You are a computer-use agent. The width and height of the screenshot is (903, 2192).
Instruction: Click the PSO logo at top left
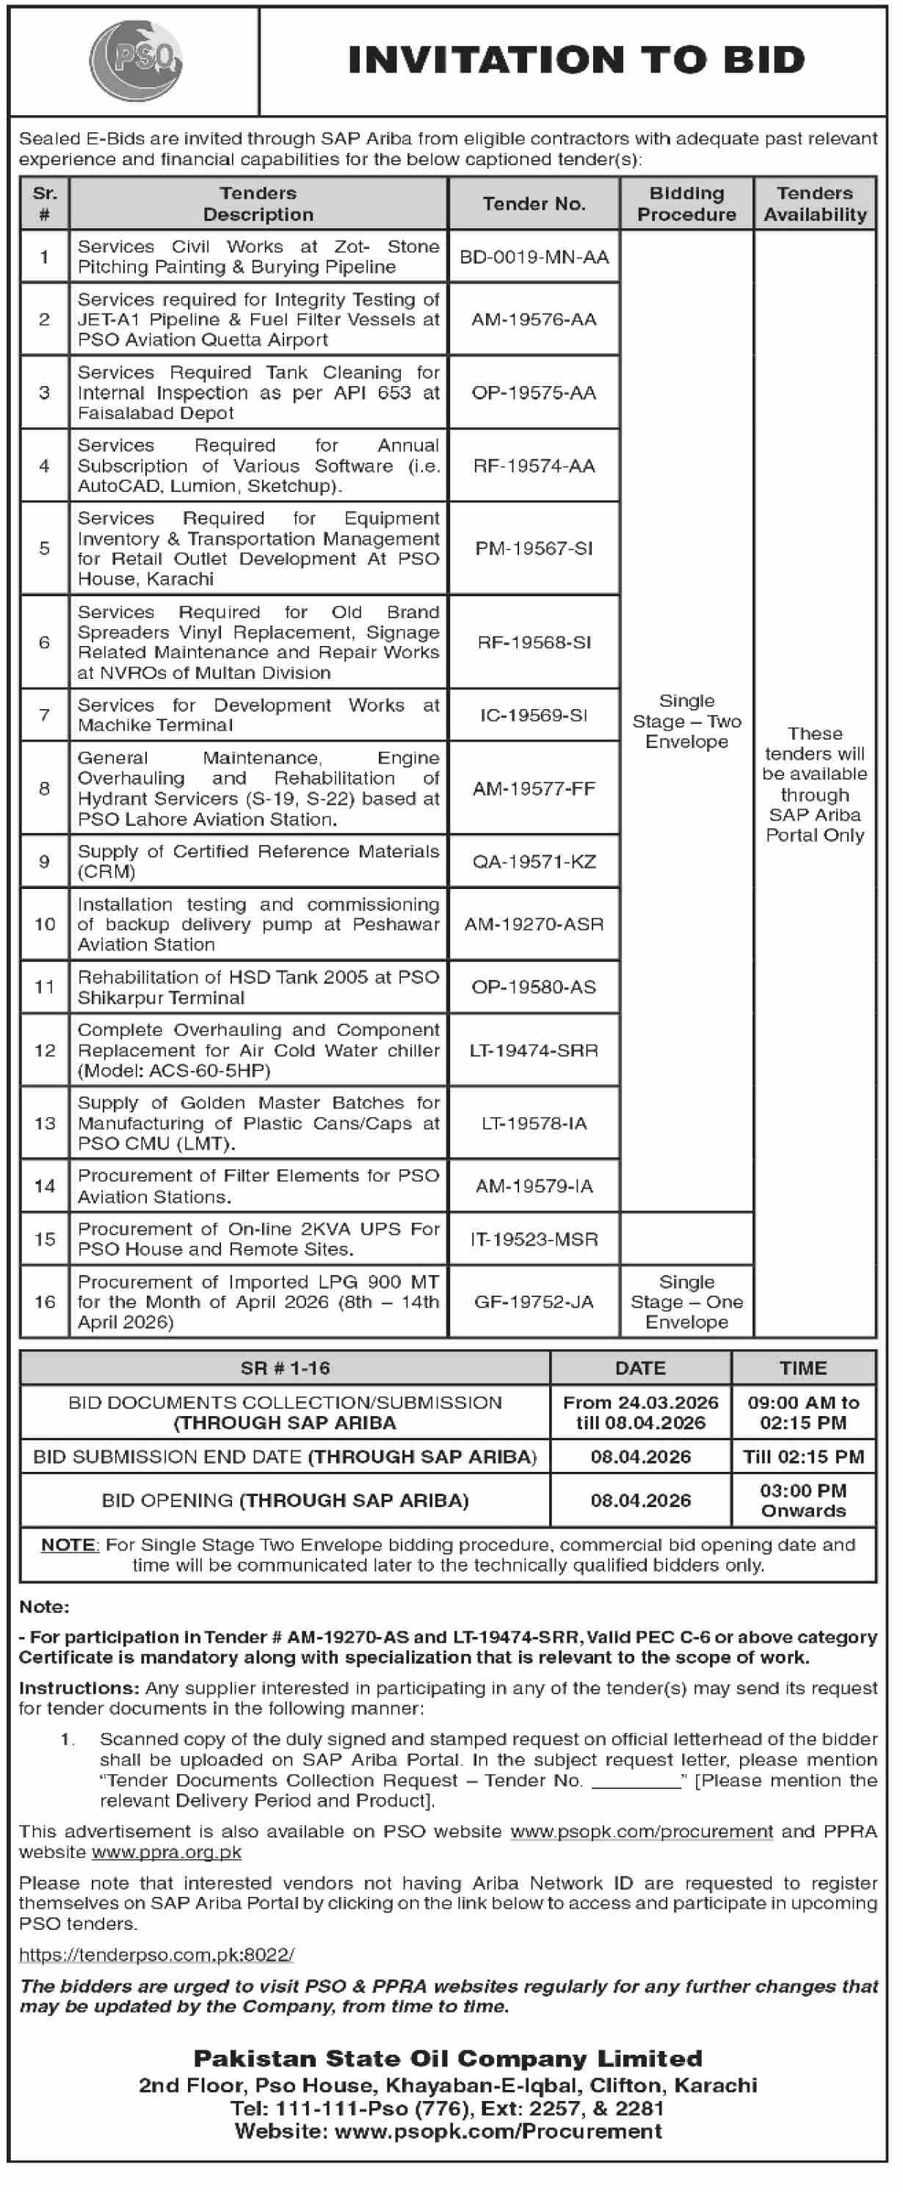(136, 60)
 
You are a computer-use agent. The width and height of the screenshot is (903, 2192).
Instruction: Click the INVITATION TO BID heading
(576, 60)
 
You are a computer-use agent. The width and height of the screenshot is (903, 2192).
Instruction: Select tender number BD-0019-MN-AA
(534, 257)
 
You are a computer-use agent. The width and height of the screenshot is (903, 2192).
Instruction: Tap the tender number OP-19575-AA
(534, 392)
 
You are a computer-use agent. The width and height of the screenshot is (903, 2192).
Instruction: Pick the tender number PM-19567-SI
(534, 548)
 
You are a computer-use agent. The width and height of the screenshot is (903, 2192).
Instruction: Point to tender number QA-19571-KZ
(534, 861)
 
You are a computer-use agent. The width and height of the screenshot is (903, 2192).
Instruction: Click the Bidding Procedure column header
(686, 204)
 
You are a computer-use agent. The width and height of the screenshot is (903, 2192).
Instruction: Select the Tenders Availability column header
(814, 204)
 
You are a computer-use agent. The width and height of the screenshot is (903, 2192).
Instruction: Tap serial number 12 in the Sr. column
(44, 1050)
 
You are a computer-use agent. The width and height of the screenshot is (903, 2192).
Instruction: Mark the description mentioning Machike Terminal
(258, 715)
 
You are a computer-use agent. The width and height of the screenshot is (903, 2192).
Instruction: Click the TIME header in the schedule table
(802, 1368)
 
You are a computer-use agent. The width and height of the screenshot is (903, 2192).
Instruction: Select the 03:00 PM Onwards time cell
(802, 1500)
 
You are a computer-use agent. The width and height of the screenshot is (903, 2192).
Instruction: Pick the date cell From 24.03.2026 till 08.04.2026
(640, 1412)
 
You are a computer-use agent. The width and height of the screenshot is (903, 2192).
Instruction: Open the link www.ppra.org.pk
(166, 1851)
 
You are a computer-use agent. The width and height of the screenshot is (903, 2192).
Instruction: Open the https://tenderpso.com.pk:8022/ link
(156, 1955)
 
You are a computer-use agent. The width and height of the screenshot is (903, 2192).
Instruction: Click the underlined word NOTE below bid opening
(69, 1545)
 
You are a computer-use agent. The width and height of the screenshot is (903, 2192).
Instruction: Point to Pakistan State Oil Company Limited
(448, 2058)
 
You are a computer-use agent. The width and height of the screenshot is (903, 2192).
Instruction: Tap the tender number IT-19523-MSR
(534, 1239)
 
